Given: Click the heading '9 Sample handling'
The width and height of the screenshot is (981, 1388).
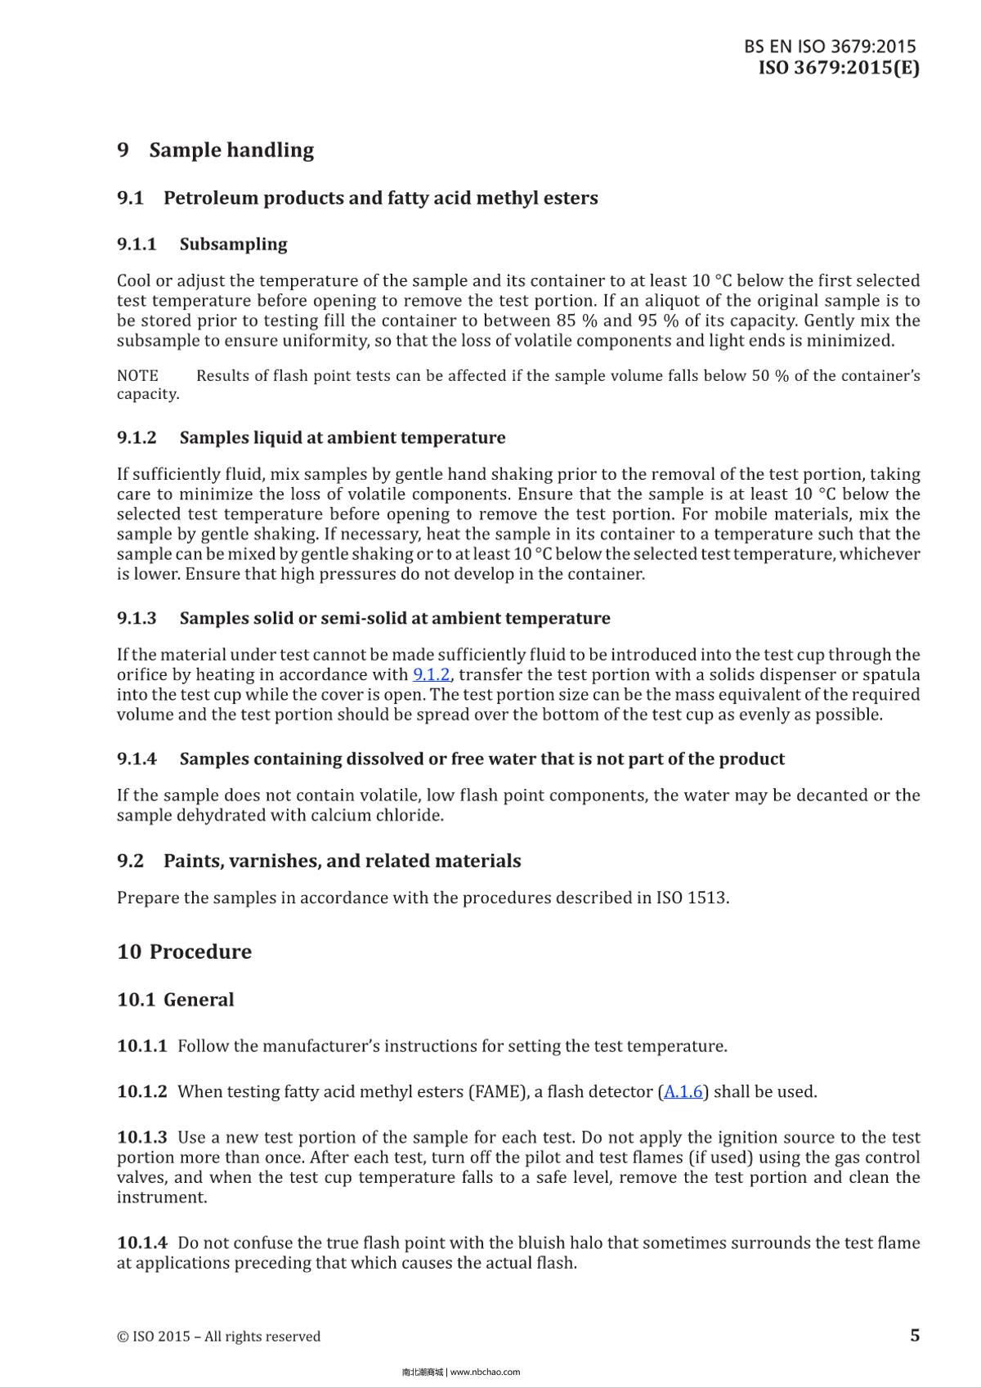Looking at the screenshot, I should point(216,150).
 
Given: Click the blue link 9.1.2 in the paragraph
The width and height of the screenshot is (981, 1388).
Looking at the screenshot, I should point(432,674).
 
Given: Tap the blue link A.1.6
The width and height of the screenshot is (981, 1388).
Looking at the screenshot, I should point(683,1091).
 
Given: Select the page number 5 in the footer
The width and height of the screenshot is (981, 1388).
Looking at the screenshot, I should point(914,1335).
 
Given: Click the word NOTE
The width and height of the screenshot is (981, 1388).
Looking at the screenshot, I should point(137,376).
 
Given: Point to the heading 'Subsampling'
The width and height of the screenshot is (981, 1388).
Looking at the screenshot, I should point(233,244).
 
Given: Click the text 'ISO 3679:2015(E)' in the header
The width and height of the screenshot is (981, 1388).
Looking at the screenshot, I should point(838,68).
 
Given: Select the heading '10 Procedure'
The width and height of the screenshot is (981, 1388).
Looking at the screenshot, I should point(185,951).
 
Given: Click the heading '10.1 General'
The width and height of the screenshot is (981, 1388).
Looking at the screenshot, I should point(176,999).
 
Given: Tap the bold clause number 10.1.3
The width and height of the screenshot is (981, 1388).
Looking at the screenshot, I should point(142,1137).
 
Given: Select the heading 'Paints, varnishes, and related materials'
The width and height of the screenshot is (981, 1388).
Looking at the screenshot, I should point(342,861).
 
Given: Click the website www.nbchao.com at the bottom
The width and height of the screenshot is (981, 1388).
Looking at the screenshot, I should point(485,1372).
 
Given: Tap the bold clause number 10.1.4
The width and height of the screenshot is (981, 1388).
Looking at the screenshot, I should point(142,1242).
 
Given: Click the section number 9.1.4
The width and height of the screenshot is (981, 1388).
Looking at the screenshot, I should point(137,759).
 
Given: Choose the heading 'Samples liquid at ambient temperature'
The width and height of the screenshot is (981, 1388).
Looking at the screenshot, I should point(342,437).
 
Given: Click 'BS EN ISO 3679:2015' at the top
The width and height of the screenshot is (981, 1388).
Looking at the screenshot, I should point(830,47).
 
